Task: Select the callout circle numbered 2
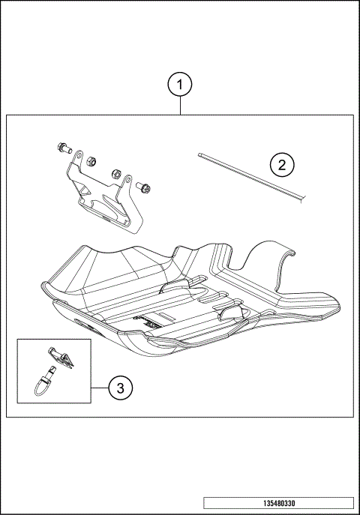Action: coord(281,164)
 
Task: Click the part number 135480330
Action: coord(277,503)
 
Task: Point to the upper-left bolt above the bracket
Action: coord(64,148)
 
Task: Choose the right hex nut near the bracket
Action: coord(117,173)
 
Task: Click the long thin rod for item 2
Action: coord(251,177)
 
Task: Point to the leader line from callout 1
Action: coord(180,106)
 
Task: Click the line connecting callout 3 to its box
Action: coord(99,388)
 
